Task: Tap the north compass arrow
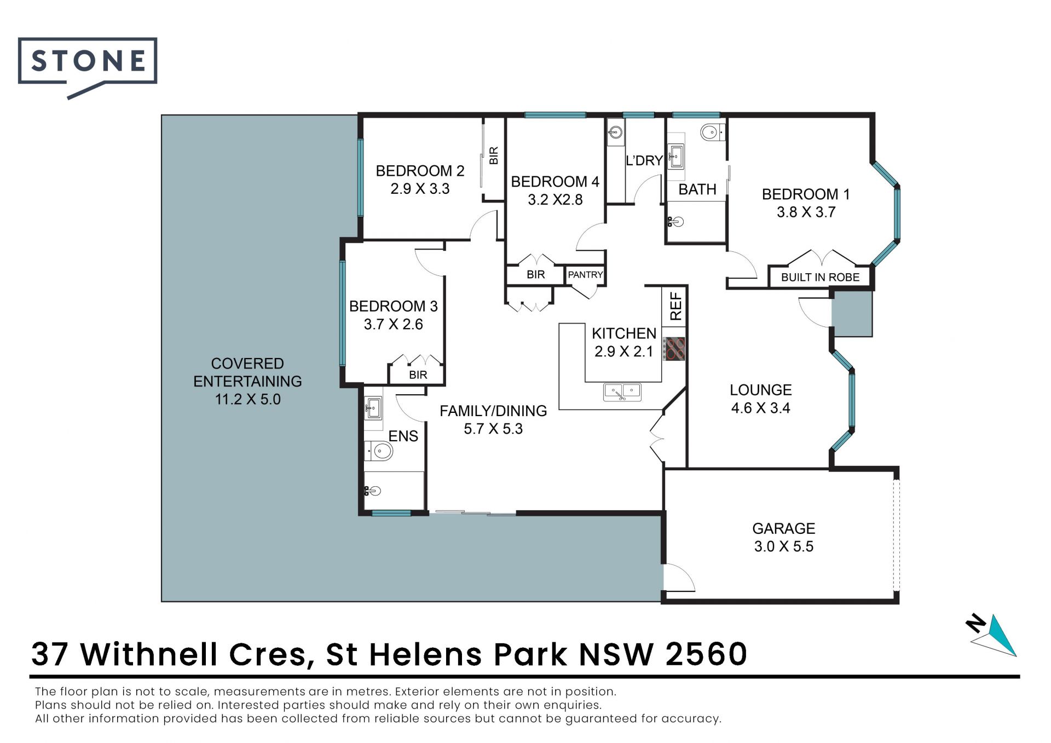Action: pos(991,635)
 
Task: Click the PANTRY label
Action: pos(585,275)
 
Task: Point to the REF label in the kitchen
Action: pos(675,306)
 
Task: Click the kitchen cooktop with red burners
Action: pos(674,348)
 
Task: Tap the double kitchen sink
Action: pos(622,392)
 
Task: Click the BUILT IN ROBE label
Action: pos(820,278)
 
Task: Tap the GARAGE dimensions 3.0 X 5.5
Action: pos(784,546)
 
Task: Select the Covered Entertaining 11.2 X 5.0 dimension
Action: pos(247,399)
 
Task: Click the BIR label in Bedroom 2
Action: pos(494,155)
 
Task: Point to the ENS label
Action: pos(403,436)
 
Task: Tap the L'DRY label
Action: pos(644,160)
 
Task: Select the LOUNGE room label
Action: pos(761,390)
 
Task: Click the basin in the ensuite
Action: pos(374,408)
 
